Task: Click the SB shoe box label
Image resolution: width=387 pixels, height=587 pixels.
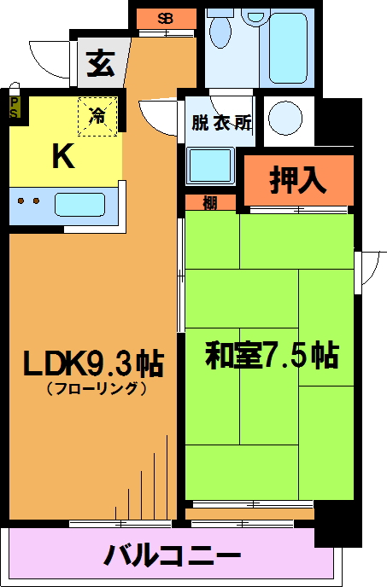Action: (165, 19)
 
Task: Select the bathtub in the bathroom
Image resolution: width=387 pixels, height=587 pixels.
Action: (288, 48)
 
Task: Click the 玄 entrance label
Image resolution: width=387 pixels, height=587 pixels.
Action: (101, 63)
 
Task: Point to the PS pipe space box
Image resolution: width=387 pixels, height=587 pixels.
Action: (15, 108)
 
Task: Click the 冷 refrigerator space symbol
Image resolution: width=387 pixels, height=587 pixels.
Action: (97, 116)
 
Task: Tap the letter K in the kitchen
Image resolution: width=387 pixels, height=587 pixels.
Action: (63, 156)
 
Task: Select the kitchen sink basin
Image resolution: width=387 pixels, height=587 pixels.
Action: (79, 205)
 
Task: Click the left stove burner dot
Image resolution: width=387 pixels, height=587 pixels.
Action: (21, 201)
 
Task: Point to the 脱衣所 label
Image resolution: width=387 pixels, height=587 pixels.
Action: (221, 123)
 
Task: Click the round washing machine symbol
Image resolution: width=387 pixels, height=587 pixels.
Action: (285, 117)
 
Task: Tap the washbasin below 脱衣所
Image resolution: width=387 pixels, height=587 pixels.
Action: (210, 166)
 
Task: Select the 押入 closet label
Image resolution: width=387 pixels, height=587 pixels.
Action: (298, 180)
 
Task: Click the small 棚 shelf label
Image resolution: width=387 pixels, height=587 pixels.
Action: (210, 203)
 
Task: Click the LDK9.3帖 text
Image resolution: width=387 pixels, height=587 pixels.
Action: (93, 363)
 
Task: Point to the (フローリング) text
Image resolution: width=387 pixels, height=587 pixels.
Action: (97, 388)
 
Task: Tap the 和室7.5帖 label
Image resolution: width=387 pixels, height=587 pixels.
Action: (272, 354)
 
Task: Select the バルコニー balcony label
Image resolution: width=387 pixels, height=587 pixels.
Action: (173, 555)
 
